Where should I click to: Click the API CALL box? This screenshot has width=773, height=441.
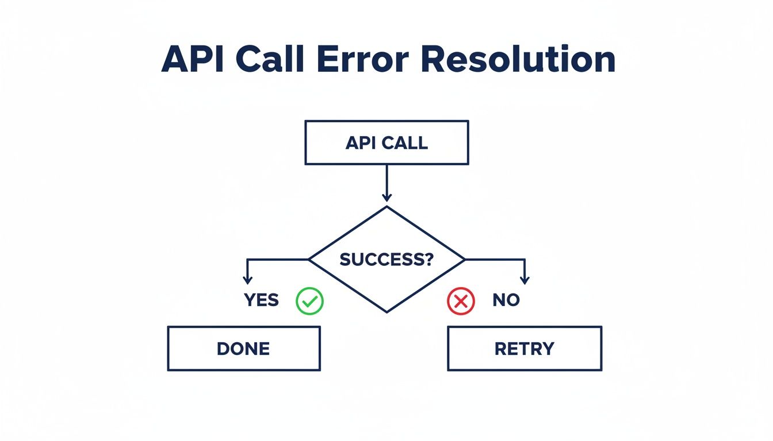386,142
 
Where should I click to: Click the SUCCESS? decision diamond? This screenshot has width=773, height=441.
386,260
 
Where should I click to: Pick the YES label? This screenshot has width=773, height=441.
261,300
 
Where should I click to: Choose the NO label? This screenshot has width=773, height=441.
506,300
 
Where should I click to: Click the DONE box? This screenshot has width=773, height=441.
243,349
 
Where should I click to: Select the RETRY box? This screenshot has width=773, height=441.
525,349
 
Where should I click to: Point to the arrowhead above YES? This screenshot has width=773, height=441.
247,280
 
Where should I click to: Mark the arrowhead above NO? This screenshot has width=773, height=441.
524,280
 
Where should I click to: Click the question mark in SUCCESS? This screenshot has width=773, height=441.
427,260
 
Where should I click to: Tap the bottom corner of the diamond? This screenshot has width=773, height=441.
386,312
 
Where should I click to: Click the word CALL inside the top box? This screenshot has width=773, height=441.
407,143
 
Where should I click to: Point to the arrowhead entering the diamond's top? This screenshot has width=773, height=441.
386,198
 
